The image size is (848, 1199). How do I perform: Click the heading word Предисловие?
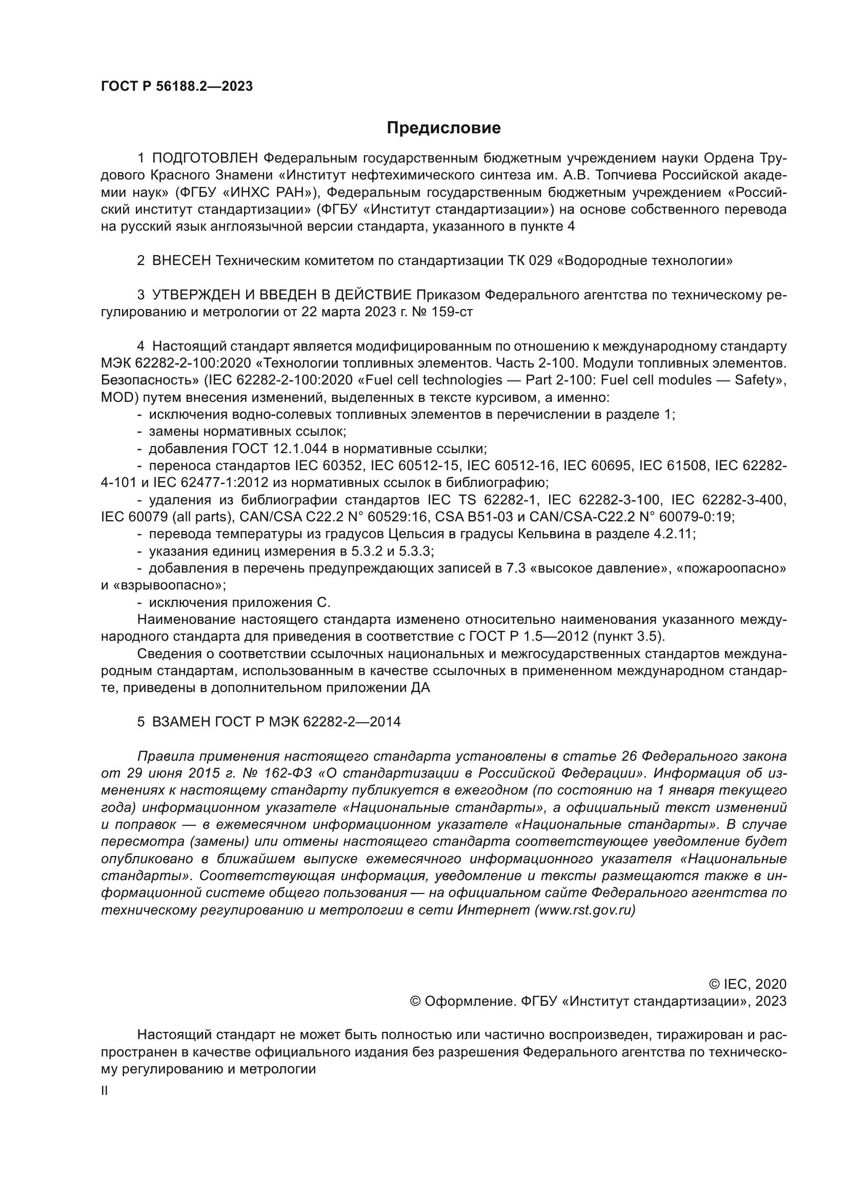tap(443, 128)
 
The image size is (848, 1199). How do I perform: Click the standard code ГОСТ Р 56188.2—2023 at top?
tap(176, 87)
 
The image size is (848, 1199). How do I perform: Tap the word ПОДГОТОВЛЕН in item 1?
tap(205, 158)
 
